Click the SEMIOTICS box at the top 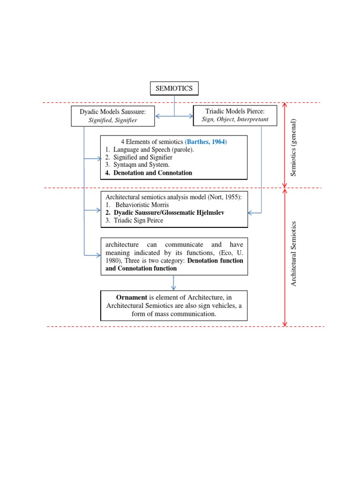point(174,88)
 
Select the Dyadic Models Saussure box point(112,116)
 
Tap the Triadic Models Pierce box point(235,115)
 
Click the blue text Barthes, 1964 point(206,142)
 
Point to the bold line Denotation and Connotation point(149,172)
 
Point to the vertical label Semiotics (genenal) point(294,148)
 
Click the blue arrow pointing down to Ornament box point(174,283)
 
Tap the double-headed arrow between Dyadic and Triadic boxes point(174,116)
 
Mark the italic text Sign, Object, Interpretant point(235,120)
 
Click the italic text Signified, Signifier point(112,120)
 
